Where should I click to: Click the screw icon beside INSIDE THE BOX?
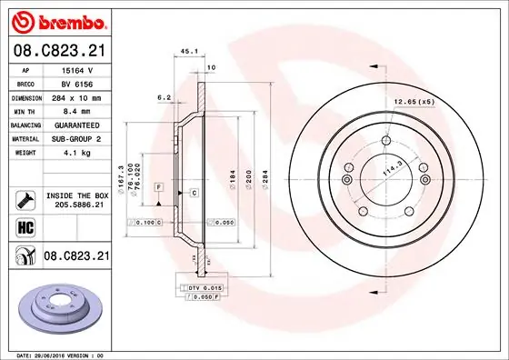[25, 199]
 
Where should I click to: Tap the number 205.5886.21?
[78, 205]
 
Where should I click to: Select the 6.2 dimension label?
[165, 96]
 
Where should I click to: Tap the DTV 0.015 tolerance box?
[205, 287]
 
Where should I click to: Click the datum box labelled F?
[158, 185]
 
